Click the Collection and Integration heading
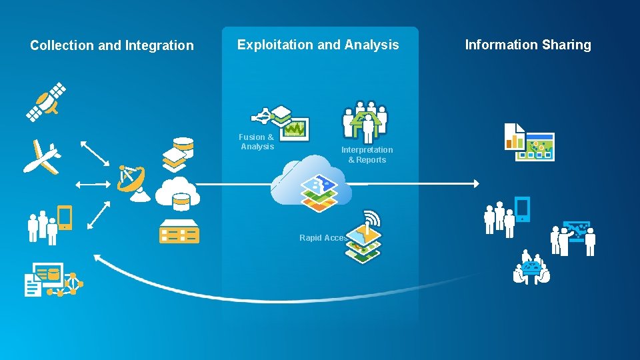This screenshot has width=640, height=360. [112, 45]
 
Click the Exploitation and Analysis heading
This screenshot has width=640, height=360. [318, 45]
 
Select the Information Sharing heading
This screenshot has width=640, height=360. [527, 45]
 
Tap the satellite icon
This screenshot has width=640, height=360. [46, 102]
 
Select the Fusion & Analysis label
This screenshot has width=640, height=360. [257, 141]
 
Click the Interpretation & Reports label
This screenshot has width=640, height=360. [367, 155]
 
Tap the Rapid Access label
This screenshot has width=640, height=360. [323, 237]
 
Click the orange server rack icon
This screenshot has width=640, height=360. [179, 231]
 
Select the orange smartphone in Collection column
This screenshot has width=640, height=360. [65, 218]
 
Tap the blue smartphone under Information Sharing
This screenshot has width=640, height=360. [523, 209]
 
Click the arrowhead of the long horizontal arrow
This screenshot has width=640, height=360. [475, 183]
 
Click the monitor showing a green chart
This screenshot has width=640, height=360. [294, 128]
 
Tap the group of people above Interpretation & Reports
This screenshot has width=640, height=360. [365, 121]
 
